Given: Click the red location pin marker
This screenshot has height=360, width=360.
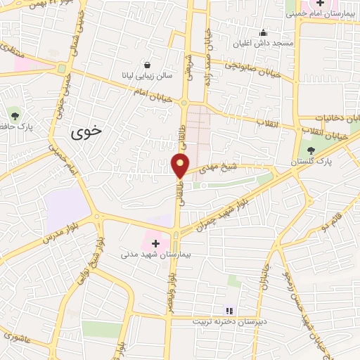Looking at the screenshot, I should (x=180, y=165).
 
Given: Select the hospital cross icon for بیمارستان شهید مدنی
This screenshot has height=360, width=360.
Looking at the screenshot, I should (x=155, y=243).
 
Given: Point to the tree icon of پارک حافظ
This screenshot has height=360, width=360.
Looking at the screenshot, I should (x=15, y=114).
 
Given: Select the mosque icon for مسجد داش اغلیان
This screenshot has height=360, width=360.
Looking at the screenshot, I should (x=263, y=32).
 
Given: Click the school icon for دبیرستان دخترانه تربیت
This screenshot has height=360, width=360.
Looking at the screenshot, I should (x=229, y=310).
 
